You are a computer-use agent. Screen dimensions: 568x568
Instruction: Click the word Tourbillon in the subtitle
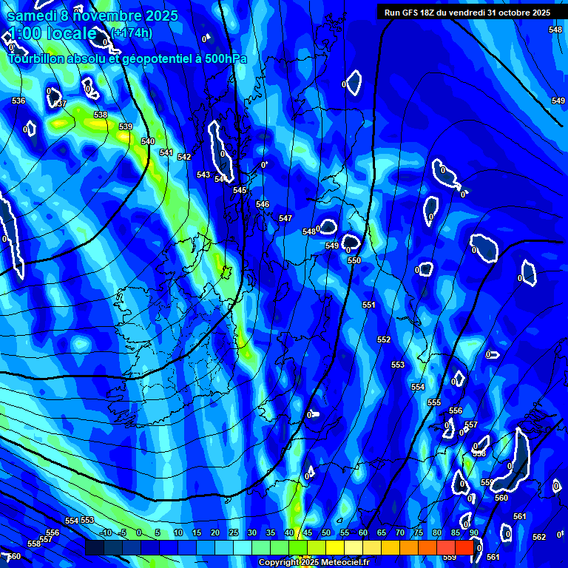[x=36, y=58]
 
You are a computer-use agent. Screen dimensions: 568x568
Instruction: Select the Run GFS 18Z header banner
[x=467, y=12]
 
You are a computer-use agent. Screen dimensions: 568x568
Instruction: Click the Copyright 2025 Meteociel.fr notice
[x=314, y=563]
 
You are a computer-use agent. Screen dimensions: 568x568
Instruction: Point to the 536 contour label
[x=18, y=101]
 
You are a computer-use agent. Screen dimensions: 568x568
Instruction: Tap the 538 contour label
[x=101, y=115]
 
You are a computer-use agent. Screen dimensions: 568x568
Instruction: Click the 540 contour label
[x=148, y=141]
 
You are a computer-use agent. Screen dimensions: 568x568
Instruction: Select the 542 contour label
[x=184, y=157]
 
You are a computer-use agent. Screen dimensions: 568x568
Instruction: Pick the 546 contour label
[x=263, y=204]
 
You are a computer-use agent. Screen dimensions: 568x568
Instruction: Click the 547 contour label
[x=285, y=218]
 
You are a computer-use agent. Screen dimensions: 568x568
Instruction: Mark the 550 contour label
[x=354, y=260]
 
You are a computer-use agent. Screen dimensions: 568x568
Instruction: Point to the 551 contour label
[x=369, y=305]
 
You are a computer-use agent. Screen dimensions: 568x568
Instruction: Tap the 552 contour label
[x=384, y=339]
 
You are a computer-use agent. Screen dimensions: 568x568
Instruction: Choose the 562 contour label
[x=539, y=537]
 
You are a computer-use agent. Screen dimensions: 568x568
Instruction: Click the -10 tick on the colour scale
[x=105, y=532]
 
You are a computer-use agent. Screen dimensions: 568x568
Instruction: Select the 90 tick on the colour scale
[x=473, y=532]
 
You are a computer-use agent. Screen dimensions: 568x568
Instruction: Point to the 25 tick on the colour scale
[x=234, y=532]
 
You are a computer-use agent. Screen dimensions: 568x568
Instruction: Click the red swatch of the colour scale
[x=464, y=547]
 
